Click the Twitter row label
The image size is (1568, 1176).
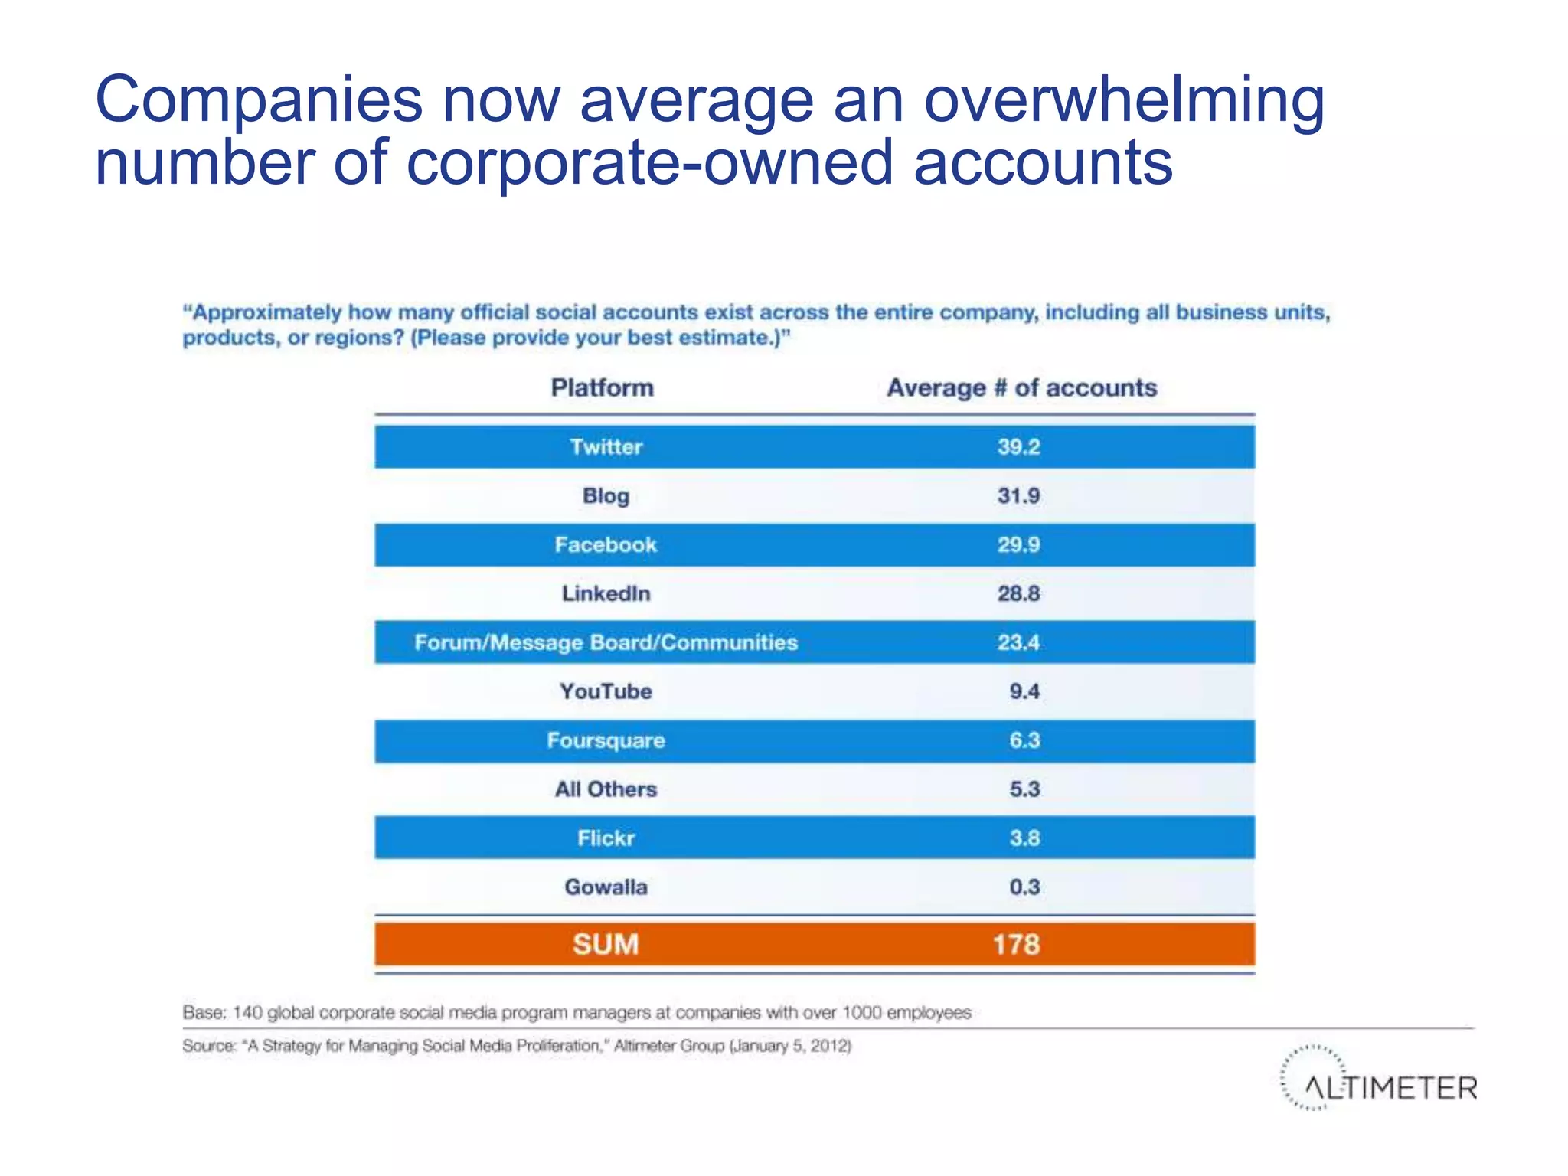[x=606, y=447]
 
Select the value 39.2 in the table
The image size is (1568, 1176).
[x=1018, y=447]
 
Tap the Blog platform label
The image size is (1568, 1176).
[x=606, y=496]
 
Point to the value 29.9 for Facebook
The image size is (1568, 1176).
[x=1018, y=545]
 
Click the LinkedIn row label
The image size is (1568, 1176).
[x=606, y=594]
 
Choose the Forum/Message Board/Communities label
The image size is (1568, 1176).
[x=606, y=642]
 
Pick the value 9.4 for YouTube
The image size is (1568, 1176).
[x=1024, y=691]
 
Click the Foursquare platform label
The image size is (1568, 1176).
[x=606, y=740]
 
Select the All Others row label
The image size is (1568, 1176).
[x=606, y=789]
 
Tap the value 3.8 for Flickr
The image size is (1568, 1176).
[x=1024, y=838]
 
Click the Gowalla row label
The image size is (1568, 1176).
[x=606, y=887]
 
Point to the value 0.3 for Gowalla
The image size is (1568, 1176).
[x=1024, y=887]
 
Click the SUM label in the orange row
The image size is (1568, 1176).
[x=606, y=944]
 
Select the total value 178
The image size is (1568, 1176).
[x=1017, y=944]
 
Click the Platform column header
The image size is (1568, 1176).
[x=603, y=388]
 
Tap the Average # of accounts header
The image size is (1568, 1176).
[x=1021, y=388]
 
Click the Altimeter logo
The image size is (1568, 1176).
[x=1378, y=1080]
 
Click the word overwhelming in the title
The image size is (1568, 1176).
[x=1124, y=101]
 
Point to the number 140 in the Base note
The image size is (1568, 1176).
[x=247, y=1013]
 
